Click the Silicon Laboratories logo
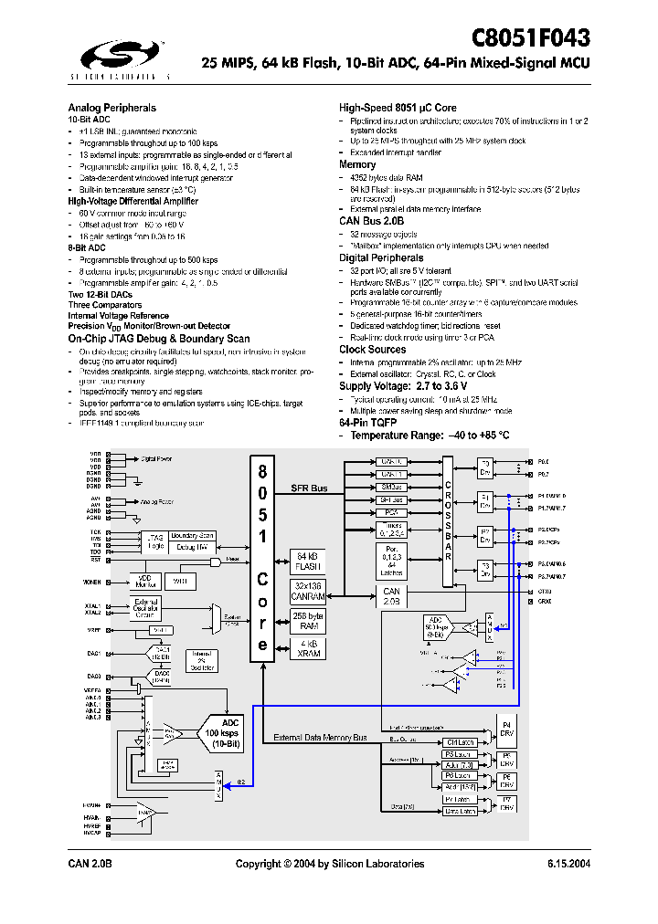coord(120,58)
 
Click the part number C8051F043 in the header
coord(530,37)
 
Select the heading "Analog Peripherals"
coord(111,107)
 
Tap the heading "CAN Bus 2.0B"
coord(371,221)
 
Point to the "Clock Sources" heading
coord(372,349)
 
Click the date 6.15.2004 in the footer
coord(568,863)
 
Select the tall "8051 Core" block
coord(262,558)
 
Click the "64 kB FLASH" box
coord(308,560)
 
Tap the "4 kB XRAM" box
coord(308,650)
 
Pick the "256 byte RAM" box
coord(308,620)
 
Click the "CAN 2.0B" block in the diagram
coord(392,596)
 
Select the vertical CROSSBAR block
coord(447,520)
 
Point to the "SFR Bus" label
coord(309,489)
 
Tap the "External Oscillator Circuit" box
coord(147,609)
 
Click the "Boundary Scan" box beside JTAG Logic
coord(192,536)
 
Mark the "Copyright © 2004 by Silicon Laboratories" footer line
coord(330,863)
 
